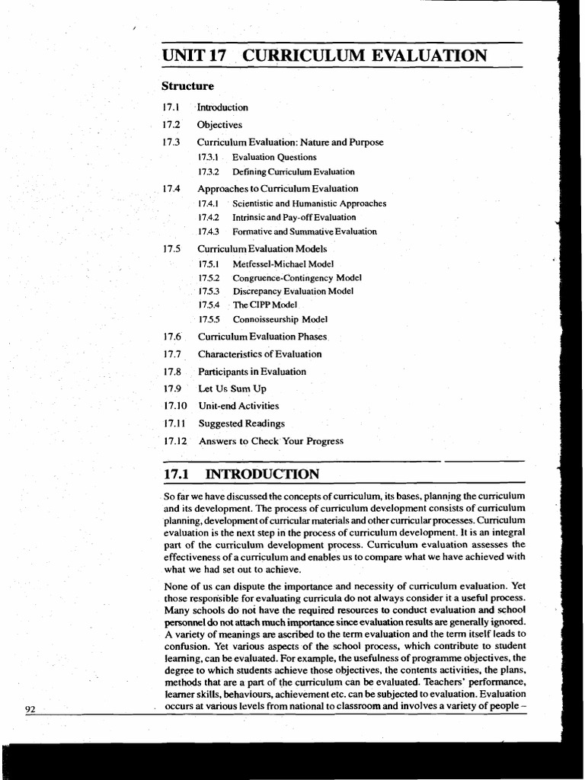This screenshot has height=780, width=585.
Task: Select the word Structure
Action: pyautogui.click(x=187, y=86)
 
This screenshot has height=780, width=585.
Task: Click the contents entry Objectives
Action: pyautogui.click(x=219, y=124)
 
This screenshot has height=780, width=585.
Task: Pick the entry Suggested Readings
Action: pyautogui.click(x=241, y=424)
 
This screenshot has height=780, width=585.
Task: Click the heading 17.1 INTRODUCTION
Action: pyautogui.click(x=241, y=475)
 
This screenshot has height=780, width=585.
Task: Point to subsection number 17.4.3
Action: pyautogui.click(x=208, y=232)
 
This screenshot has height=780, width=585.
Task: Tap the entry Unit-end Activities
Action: pyautogui.click(x=238, y=406)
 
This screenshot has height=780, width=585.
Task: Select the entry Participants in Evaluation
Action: pyautogui.click(x=252, y=372)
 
